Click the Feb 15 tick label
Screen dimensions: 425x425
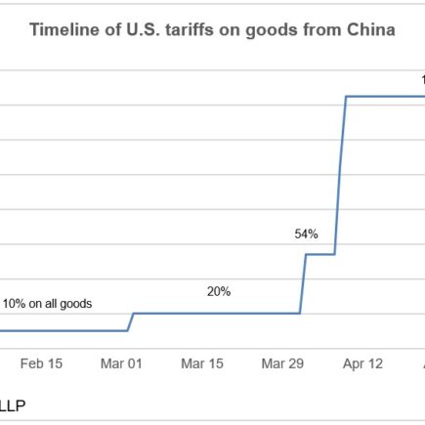tap(41, 363)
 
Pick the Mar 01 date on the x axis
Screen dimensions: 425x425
tap(121, 363)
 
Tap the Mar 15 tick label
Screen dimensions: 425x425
tap(202, 363)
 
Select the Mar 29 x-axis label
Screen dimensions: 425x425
tap(282, 363)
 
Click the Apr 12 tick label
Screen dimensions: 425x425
tap(362, 363)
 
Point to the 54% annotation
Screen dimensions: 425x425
tap(307, 234)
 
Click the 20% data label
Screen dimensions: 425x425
tap(219, 291)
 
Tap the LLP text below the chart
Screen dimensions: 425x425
tap(13, 403)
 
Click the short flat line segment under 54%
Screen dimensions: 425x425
tap(320, 254)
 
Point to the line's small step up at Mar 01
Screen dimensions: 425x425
tap(131, 321)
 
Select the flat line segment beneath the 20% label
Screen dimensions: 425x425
tap(215, 314)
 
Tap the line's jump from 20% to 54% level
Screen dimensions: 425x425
tap(303, 283)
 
